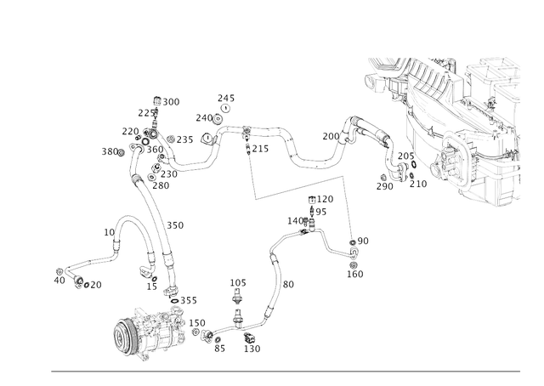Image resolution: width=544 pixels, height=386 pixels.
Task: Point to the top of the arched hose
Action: (127, 219)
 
